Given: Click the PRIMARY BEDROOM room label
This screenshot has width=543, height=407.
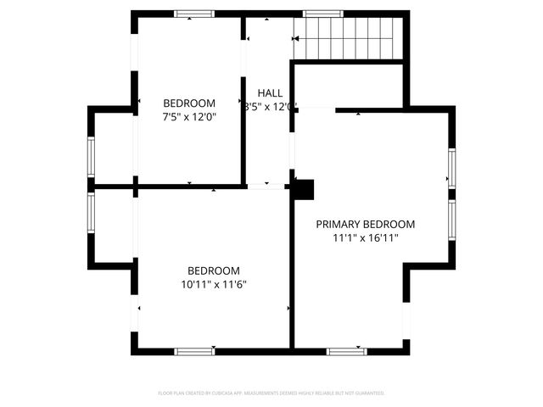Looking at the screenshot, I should click(x=366, y=225).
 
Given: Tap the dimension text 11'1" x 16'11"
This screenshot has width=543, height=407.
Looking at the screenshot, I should click(x=366, y=239).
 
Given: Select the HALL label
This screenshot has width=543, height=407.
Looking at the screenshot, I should click(x=271, y=93).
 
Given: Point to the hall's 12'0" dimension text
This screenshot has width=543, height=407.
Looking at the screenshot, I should click(x=279, y=107).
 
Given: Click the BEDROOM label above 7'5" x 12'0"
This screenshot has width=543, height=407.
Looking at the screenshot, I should click(x=189, y=103).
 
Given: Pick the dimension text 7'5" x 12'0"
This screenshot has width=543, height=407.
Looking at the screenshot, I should click(x=189, y=117).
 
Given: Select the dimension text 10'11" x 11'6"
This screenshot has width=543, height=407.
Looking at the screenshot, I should click(x=214, y=285).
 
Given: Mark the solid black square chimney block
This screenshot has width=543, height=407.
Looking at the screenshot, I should click(x=303, y=189).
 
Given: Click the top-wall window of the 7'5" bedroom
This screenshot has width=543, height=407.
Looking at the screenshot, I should click(x=193, y=14).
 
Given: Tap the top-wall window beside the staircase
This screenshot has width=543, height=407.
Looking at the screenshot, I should click(x=317, y=14).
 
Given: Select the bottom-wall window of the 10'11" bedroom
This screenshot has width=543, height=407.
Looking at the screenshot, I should click(x=193, y=351).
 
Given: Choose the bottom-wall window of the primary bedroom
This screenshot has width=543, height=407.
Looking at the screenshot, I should click(x=346, y=351).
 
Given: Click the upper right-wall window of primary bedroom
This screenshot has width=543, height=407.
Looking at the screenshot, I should click(x=452, y=167).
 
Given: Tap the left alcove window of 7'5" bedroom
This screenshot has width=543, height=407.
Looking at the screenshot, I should click(x=91, y=157).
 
